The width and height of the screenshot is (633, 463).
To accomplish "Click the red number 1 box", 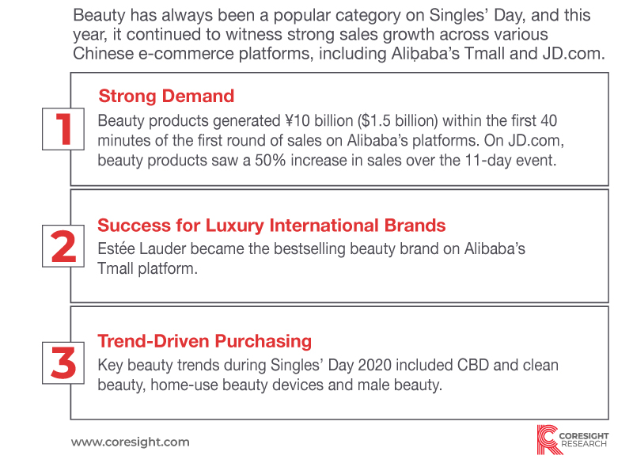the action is click(x=63, y=129).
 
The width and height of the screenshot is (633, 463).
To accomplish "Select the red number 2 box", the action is click(x=63, y=246).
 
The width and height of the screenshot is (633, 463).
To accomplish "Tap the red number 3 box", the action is click(x=63, y=363).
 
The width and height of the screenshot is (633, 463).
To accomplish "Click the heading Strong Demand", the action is click(x=166, y=96).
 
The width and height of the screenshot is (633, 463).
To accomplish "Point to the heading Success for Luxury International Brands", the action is click(x=271, y=226).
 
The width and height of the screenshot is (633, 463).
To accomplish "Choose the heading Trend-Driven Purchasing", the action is click(x=205, y=341).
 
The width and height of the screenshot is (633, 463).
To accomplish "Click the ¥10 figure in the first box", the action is click(x=298, y=120).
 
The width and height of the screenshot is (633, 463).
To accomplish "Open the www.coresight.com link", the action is click(x=131, y=442).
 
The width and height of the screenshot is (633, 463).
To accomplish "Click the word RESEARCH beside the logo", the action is click(x=584, y=445).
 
